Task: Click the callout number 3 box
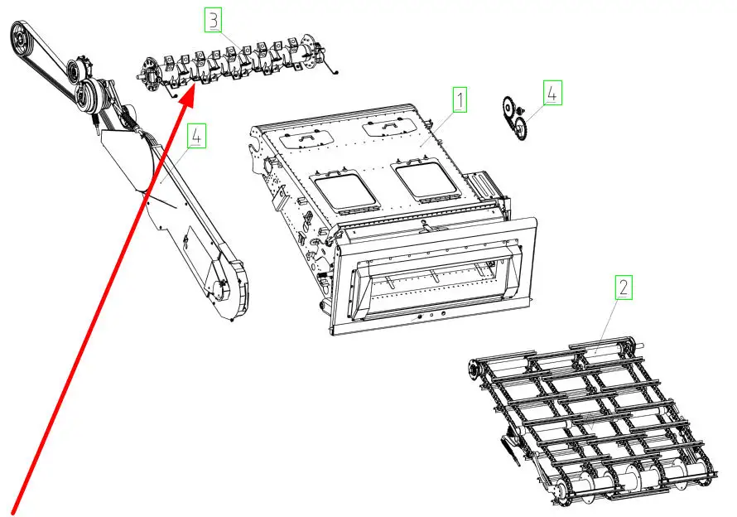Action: [214, 20]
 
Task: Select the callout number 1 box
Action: [460, 99]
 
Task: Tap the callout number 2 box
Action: [624, 287]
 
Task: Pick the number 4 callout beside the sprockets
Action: [553, 93]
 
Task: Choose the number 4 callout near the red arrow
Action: [196, 136]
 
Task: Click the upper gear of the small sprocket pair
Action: [508, 108]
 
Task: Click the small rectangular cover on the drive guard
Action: [196, 245]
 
